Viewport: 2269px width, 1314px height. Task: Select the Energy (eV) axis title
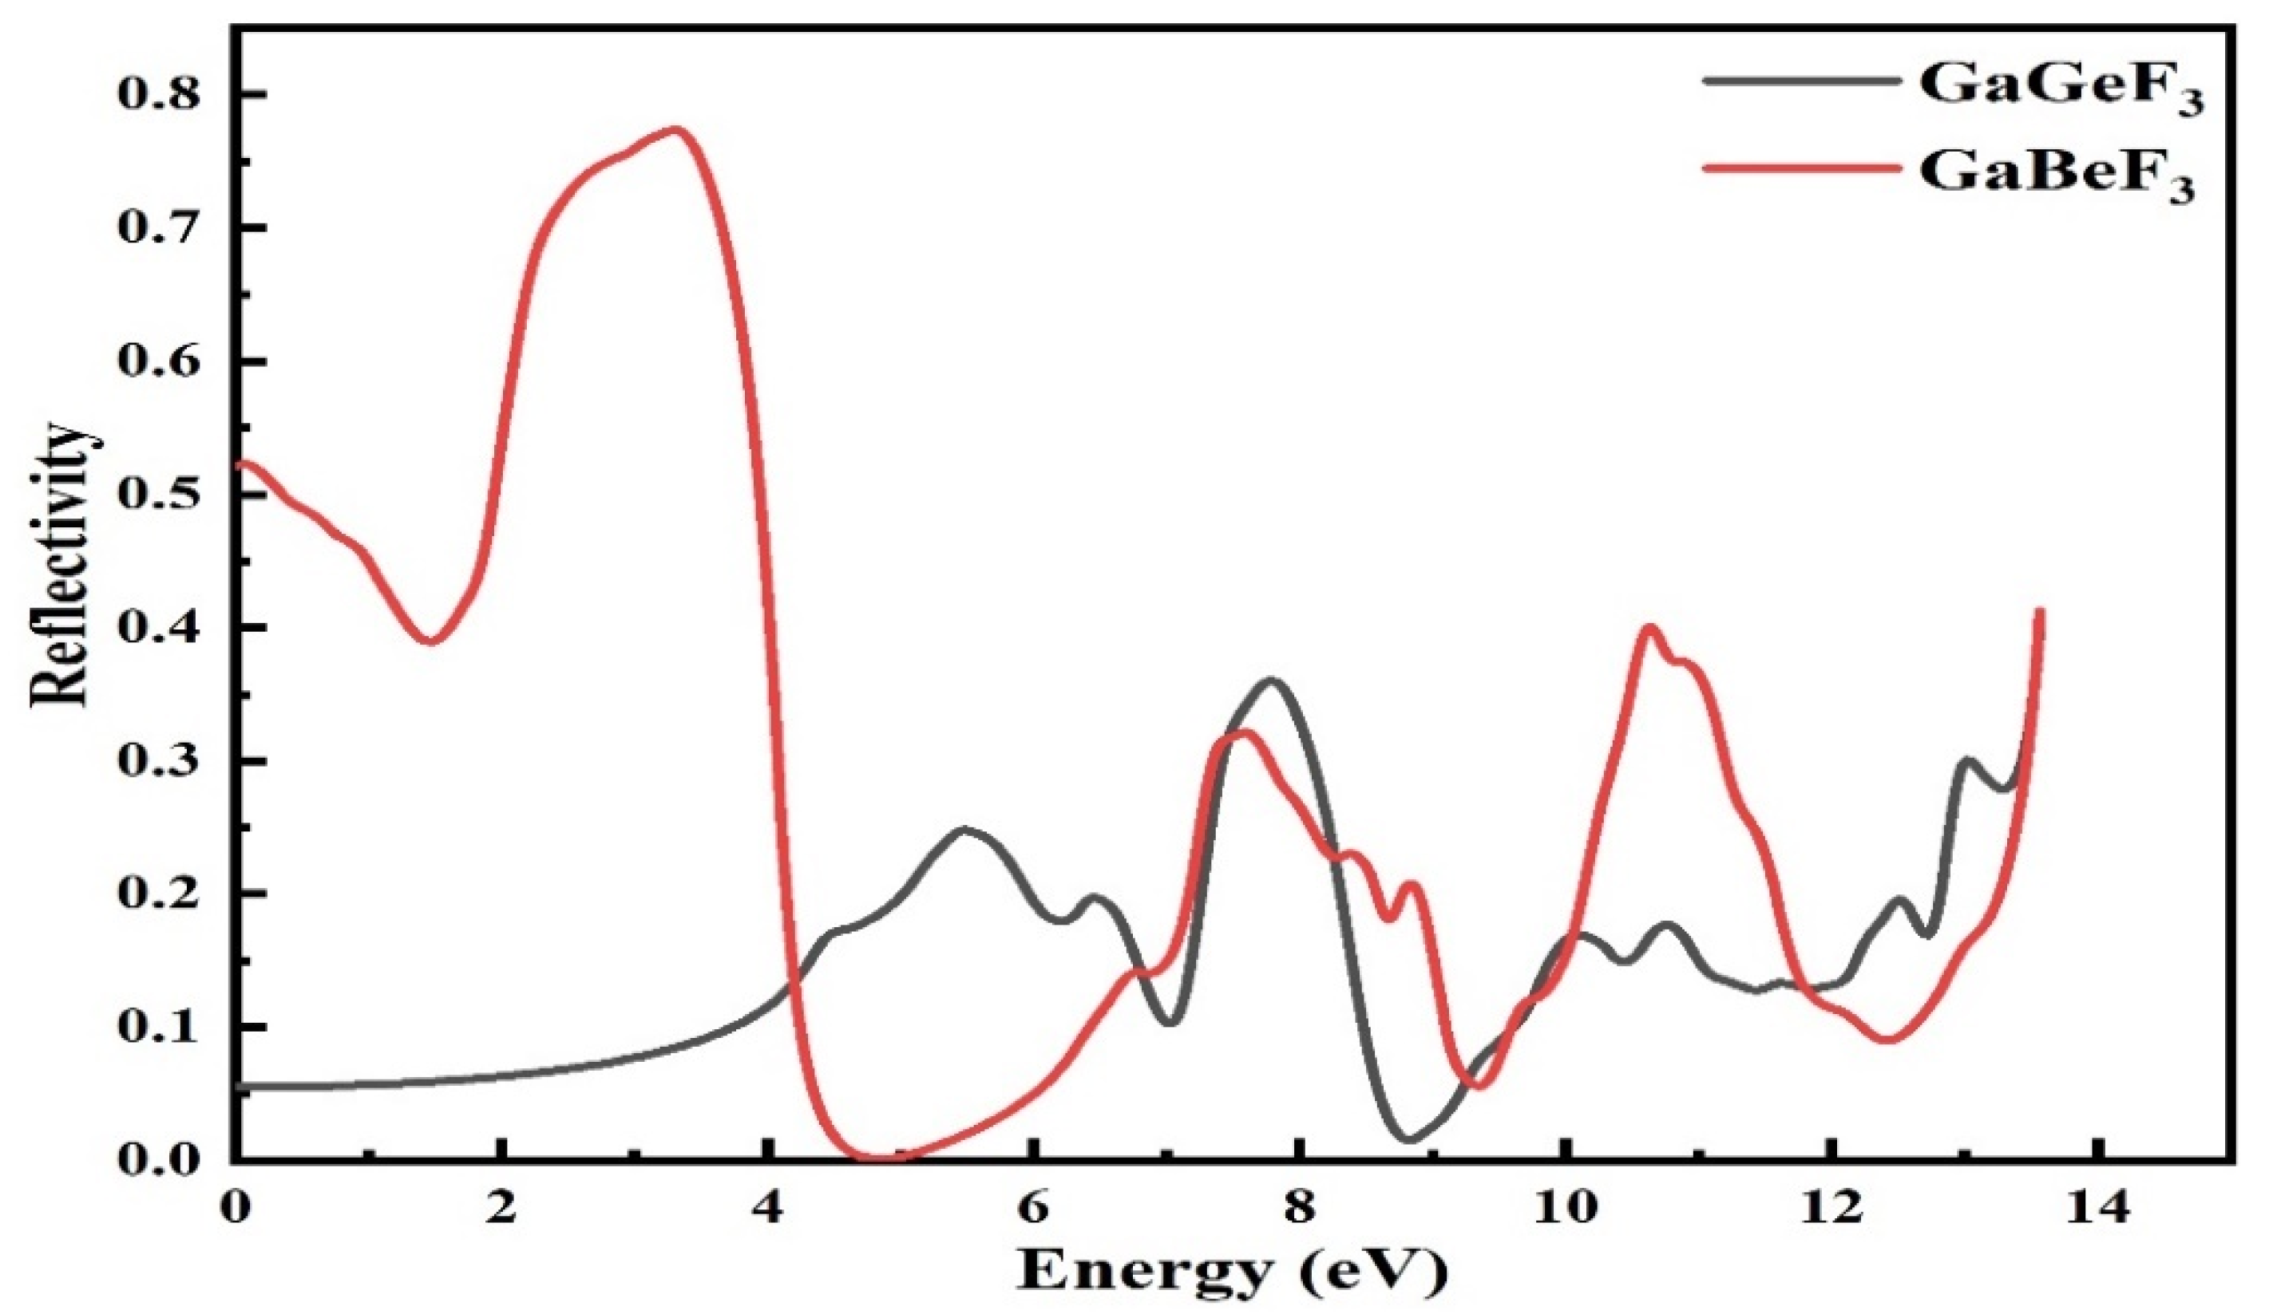(1233, 1271)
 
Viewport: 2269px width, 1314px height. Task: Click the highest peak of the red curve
(675, 129)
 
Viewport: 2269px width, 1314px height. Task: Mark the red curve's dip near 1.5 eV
(430, 641)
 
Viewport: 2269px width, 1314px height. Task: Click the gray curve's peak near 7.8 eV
(1271, 681)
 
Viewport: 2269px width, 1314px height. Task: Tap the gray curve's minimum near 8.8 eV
(1409, 1139)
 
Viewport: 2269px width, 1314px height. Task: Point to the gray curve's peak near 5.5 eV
(965, 829)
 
